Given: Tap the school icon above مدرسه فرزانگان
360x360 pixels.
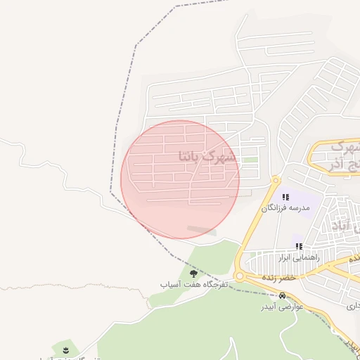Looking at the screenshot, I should click(285, 197).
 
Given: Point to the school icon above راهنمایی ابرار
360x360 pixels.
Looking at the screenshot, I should click(299, 247).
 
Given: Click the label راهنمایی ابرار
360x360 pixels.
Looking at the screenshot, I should click(300, 257).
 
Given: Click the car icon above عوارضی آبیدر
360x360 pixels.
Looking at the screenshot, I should click(283, 296).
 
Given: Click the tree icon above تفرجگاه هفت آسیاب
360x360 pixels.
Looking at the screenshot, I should click(193, 274).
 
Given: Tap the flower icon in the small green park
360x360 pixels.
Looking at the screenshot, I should click(65, 349).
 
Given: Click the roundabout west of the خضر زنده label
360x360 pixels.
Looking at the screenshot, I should click(240, 276).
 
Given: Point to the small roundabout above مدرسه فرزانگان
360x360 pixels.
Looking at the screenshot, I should click(276, 181).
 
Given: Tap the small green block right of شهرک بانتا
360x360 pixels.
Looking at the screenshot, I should click(250, 160).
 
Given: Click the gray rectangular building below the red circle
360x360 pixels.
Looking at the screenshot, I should click(202, 229).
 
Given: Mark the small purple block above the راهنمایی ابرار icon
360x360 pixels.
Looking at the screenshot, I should click(299, 240).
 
